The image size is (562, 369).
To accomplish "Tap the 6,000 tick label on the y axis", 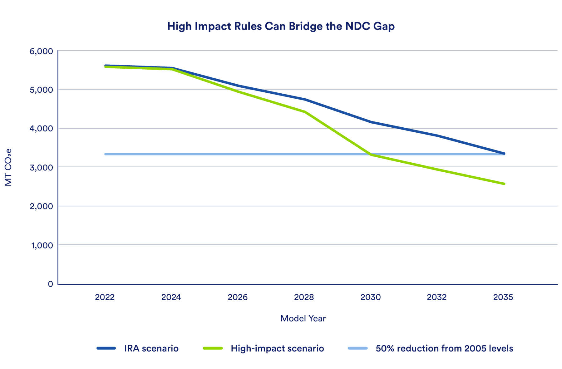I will click(x=41, y=51).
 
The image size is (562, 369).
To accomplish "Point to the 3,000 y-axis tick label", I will click(x=41, y=168).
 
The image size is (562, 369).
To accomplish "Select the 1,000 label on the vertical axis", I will click(x=42, y=245).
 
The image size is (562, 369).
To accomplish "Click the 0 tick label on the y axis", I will click(x=50, y=284).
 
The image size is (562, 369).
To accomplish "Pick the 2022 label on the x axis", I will click(x=105, y=297).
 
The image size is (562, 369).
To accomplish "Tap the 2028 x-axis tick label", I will click(x=304, y=297).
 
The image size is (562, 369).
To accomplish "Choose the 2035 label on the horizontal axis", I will click(x=503, y=297).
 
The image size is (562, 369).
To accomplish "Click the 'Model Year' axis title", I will click(x=303, y=318).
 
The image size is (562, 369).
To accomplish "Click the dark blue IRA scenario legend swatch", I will click(x=106, y=348).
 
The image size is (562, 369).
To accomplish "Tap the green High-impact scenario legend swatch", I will click(x=213, y=348).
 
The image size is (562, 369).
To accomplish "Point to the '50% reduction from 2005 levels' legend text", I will click(x=444, y=348).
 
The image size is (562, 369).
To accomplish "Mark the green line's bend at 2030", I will click(x=371, y=155).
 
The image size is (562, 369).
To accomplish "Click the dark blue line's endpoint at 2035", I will click(x=504, y=153).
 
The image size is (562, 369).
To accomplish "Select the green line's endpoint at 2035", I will click(x=504, y=184).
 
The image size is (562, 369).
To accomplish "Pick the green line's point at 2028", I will click(x=305, y=112).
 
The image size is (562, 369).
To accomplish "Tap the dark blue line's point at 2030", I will click(x=371, y=122).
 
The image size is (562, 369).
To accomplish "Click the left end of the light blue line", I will click(x=106, y=154).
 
